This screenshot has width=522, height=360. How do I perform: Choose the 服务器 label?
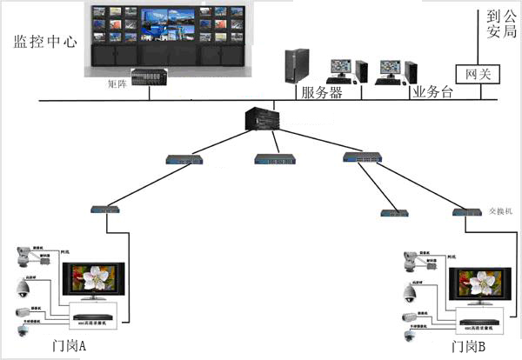click(321, 92)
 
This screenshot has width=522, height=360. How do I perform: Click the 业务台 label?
click(433, 92)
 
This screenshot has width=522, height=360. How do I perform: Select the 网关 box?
click(478, 74)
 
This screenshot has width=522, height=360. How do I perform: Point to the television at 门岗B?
click(478, 288)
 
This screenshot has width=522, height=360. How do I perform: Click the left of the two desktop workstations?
click(339, 70)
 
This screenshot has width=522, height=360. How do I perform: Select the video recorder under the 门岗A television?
click(93, 314)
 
